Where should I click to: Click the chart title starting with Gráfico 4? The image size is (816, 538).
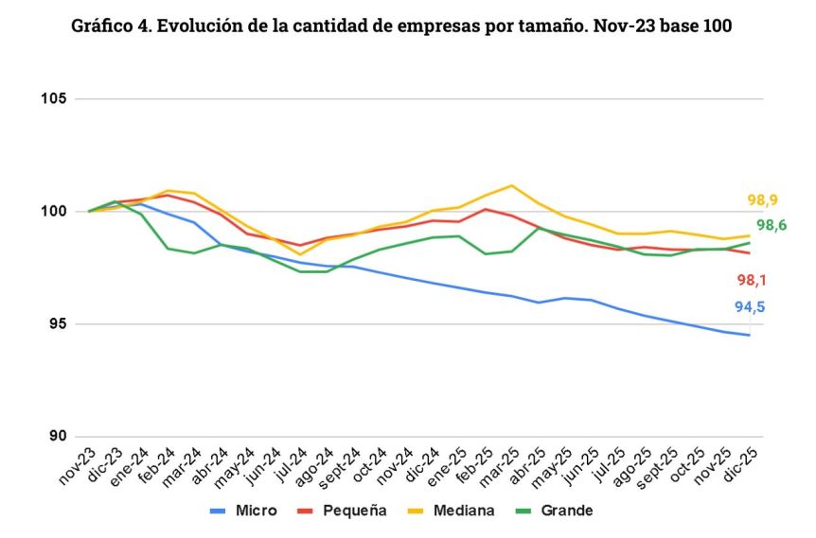[x=401, y=26]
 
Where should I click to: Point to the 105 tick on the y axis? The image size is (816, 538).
[x=53, y=99]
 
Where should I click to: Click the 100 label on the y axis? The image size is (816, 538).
[x=53, y=212]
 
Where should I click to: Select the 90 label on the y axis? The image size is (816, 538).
[x=57, y=437]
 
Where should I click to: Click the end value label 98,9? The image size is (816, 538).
[x=763, y=200]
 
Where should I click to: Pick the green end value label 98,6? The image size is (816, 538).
[x=770, y=225]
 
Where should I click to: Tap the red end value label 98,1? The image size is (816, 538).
[x=753, y=280]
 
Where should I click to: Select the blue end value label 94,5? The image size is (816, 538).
[x=751, y=306]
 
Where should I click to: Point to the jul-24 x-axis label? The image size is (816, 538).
[x=289, y=465]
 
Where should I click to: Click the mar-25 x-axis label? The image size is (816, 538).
[x=500, y=466]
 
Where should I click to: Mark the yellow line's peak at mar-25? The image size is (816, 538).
[x=512, y=185]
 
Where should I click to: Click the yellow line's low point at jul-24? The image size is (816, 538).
[x=300, y=254]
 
